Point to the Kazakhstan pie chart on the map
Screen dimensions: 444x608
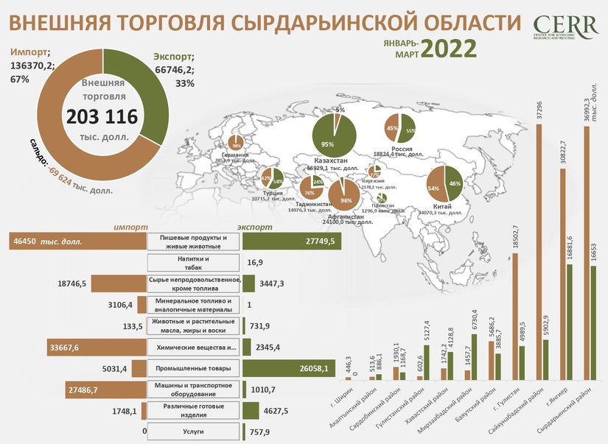pos(335,134)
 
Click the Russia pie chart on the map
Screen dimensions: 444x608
pos(400,128)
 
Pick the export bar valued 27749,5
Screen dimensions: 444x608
pos(292,241)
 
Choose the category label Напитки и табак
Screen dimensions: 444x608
pos(195,263)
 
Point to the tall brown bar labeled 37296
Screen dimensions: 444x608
pos(539,250)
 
